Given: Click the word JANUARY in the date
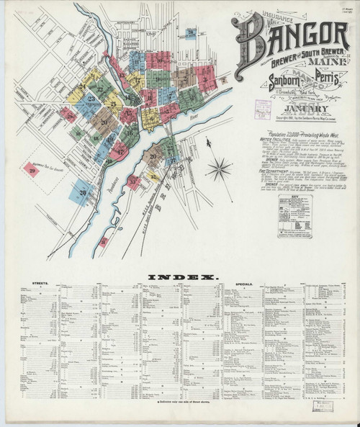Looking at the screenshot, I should [x=296, y=109].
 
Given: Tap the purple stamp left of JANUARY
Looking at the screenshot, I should [x=263, y=109].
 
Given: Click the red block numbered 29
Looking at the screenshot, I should [x=32, y=171].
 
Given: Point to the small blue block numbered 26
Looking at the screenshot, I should [x=190, y=32].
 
